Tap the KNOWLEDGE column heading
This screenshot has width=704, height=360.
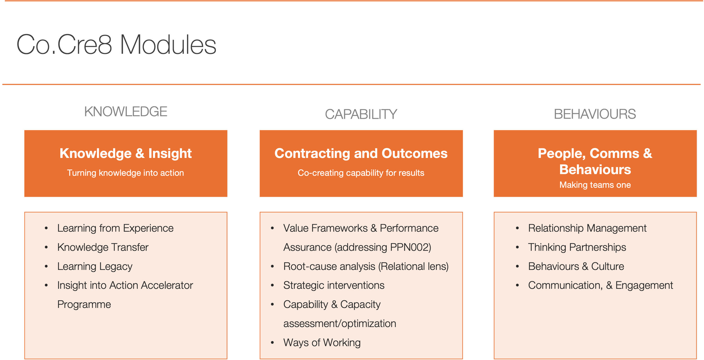126,112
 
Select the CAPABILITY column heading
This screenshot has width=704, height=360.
361,114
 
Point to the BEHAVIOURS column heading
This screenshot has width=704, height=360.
595,114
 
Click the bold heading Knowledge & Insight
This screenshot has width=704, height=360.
126,153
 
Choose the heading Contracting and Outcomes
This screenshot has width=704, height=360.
361,153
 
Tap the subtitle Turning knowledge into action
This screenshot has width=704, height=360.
126,173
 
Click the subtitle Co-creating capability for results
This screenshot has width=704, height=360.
361,173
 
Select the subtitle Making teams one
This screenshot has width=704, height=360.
595,185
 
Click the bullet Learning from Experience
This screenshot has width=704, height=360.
115,228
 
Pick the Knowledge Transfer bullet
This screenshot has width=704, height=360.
103,247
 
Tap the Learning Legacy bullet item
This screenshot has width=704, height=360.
95,267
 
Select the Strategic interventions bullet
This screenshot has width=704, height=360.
334,285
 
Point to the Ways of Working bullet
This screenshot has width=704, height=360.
322,343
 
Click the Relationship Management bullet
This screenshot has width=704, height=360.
587,228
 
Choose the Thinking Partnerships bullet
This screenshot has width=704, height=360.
577,247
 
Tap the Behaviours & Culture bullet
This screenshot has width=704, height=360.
576,267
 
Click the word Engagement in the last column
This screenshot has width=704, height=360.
644,285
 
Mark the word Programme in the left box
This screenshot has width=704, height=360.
84,305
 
